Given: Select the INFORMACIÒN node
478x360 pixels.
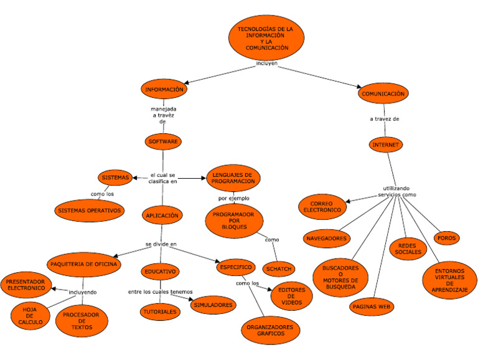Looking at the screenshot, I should click(x=164, y=90).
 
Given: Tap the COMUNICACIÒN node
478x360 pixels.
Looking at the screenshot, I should click(x=383, y=93).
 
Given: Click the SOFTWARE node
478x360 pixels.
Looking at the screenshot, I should click(x=164, y=141).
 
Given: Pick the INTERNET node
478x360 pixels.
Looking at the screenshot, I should click(x=386, y=144).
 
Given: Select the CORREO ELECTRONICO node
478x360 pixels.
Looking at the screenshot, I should click(x=322, y=207).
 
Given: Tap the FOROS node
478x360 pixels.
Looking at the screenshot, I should click(x=447, y=238).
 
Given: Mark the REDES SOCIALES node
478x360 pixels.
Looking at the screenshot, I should click(x=408, y=249).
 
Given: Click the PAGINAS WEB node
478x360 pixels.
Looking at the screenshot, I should click(x=371, y=306).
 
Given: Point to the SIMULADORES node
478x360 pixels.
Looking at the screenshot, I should click(x=213, y=305).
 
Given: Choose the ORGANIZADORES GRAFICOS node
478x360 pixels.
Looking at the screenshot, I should click(x=269, y=329).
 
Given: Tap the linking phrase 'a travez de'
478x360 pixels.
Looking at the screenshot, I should click(x=384, y=118).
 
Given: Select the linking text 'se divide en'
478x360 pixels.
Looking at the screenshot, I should click(x=161, y=244).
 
